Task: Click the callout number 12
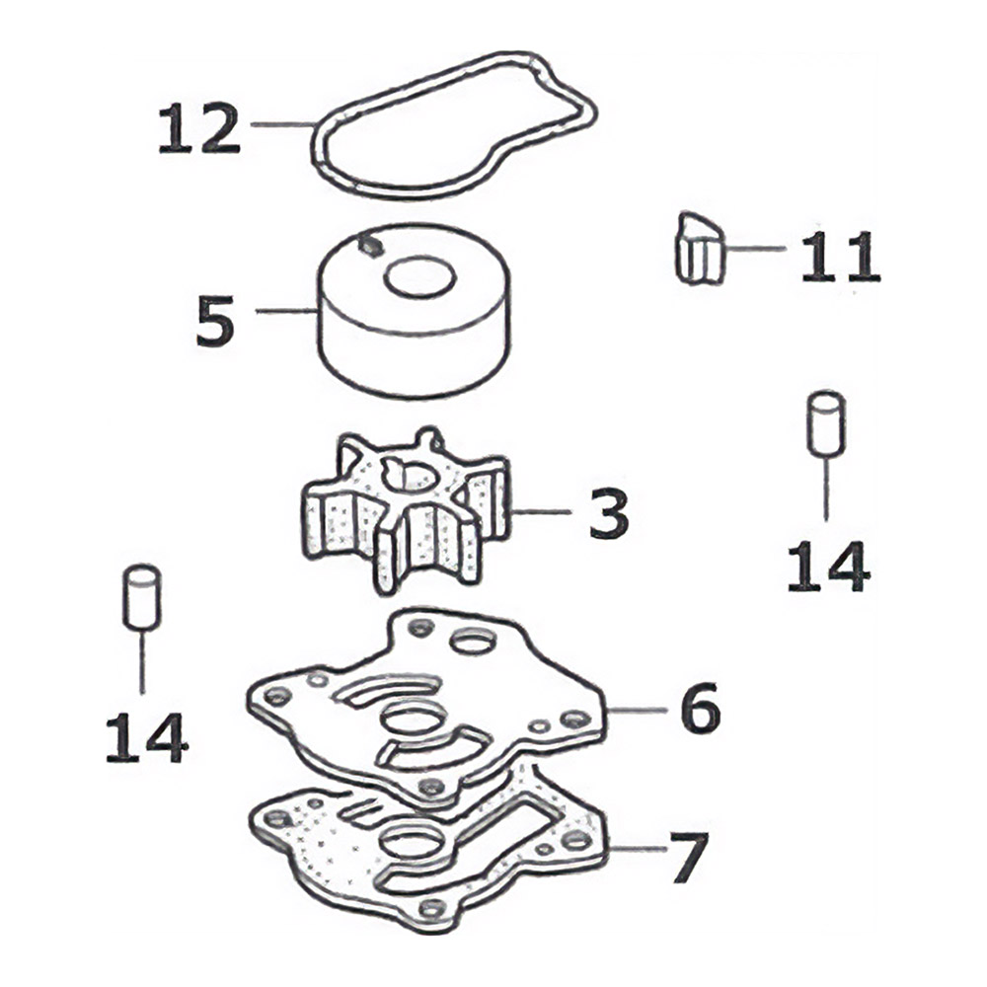[x=199, y=128]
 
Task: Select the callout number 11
[x=840, y=256]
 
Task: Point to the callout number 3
[x=609, y=513]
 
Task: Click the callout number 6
[x=700, y=708]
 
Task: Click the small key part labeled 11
[x=698, y=249]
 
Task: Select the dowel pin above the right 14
[x=826, y=423]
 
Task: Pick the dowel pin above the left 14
[x=141, y=597]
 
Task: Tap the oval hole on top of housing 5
[x=419, y=277]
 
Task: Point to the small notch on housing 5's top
[x=369, y=246]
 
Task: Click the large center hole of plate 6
[x=415, y=719]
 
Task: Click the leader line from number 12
[x=282, y=124]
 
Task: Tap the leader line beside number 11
[x=755, y=249]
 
